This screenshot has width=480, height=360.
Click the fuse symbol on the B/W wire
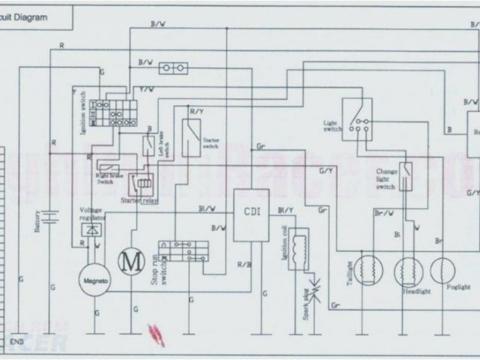pyautogui.click(x=174, y=70)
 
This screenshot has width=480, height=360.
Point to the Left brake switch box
pyautogui.click(x=148, y=145)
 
